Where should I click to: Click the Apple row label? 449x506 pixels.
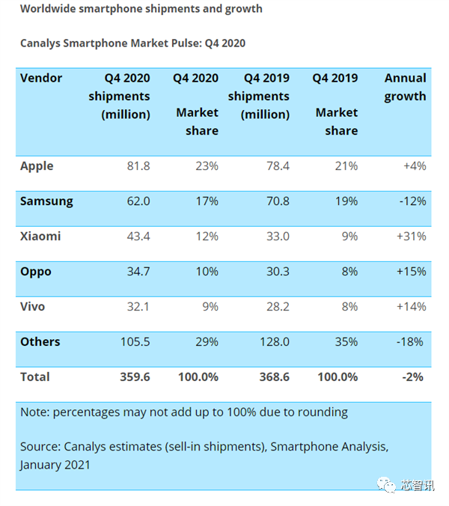(37, 165)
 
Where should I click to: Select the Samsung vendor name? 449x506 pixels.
(46, 201)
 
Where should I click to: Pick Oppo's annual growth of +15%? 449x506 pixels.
(410, 271)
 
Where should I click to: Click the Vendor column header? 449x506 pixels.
(41, 78)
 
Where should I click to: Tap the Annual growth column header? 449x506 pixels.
(405, 87)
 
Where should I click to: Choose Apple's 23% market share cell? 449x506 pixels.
(207, 165)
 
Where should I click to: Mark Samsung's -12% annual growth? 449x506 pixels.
(411, 201)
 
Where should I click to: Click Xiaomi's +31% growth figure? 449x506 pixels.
(410, 236)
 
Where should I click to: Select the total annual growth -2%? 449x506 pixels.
(414, 377)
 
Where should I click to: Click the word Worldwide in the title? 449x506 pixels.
(49, 9)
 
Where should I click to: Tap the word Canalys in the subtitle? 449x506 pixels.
(43, 43)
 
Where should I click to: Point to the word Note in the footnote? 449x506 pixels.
(34, 412)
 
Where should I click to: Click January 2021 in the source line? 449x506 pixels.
(55, 464)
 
